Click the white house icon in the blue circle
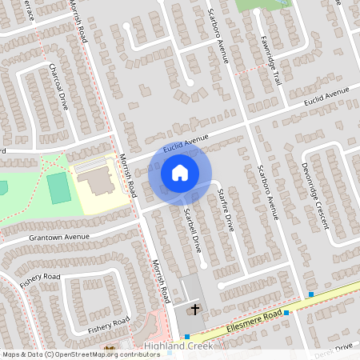pyautogui.click(x=179, y=172)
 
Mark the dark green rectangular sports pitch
pyautogui.click(x=58, y=188)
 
